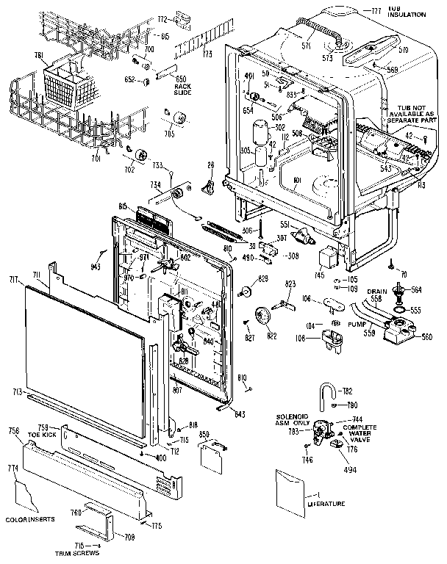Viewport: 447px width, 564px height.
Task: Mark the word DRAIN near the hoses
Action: click(x=376, y=292)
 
